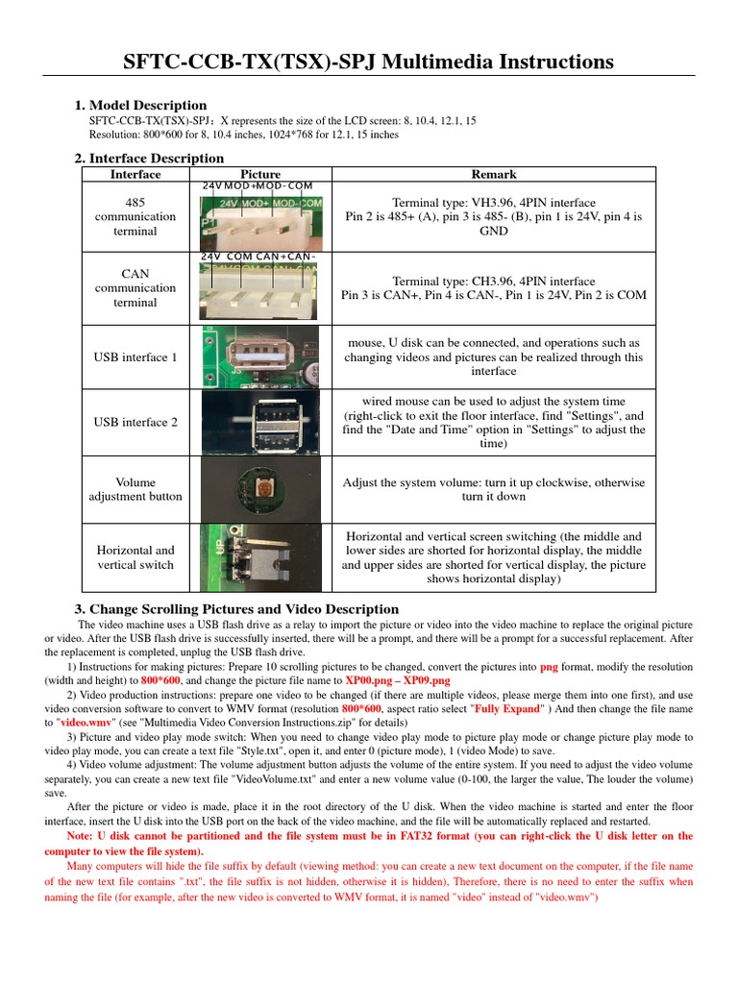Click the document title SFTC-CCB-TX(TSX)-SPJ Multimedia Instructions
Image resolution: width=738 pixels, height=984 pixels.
[369, 62]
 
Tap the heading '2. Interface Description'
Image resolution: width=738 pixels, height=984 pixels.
[149, 158]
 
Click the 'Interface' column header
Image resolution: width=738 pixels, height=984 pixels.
[135, 174]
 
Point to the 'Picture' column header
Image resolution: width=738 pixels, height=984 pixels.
[260, 174]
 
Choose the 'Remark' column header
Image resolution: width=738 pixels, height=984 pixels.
[494, 174]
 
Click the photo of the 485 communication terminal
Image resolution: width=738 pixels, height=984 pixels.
[260, 217]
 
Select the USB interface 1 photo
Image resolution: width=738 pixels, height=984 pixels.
[260, 357]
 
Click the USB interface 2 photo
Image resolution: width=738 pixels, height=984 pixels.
[260, 422]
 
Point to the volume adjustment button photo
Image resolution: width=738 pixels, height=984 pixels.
[260, 489]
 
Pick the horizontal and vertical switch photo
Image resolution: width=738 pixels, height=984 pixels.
[260, 557]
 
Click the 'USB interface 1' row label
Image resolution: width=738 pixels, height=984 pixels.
[135, 357]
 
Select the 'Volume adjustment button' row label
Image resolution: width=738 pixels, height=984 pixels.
[135, 489]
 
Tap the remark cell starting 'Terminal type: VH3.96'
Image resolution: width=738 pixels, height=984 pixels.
[494, 217]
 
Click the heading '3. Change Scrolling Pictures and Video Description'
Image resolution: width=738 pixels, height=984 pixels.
[236, 609]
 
